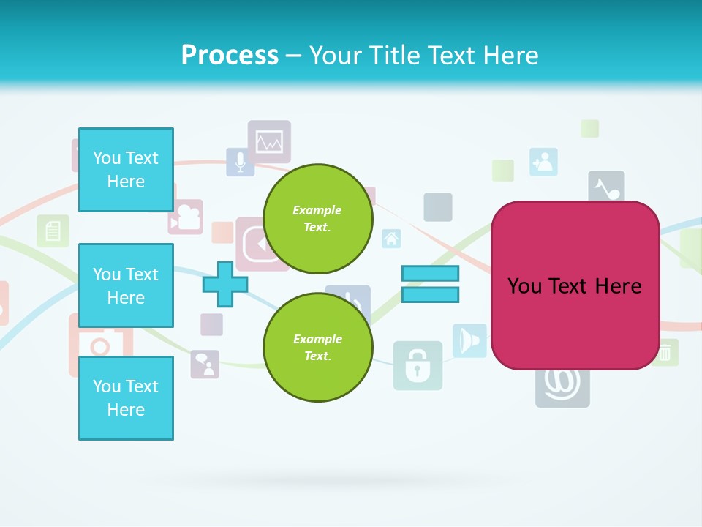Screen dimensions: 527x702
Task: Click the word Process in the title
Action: (230, 56)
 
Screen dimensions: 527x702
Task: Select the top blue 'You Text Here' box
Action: (126, 170)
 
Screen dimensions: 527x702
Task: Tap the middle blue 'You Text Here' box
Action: (126, 285)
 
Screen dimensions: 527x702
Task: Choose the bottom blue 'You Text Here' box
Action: (126, 398)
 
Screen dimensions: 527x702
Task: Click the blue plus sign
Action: (225, 284)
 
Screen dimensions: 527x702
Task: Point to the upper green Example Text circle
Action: (317, 219)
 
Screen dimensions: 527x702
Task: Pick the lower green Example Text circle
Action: (317, 348)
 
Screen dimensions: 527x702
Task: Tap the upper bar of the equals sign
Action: (430, 274)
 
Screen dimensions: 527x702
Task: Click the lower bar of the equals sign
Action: (430, 294)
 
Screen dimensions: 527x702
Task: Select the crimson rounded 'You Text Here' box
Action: (575, 285)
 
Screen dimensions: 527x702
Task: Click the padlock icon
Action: (418, 365)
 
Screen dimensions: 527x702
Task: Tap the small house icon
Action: (391, 238)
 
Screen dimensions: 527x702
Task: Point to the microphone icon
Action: (240, 161)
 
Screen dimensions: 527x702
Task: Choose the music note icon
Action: (606, 188)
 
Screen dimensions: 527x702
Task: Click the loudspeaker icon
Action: (469, 340)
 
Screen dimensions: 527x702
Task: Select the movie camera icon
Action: (186, 217)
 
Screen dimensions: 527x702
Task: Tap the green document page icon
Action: (53, 231)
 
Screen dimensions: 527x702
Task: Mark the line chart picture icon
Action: (269, 141)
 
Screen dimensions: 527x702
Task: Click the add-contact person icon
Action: (543, 162)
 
